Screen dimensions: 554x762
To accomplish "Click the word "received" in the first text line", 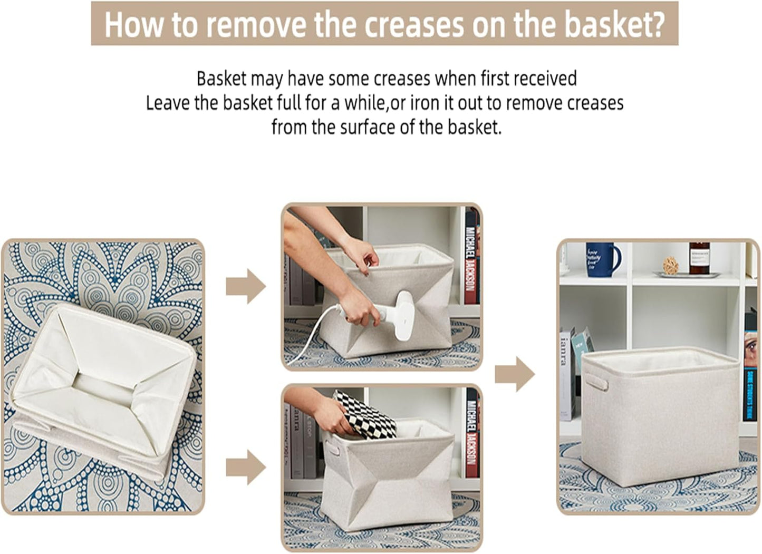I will pos(545,79).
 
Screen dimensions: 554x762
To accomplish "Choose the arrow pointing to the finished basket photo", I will pos(515,374).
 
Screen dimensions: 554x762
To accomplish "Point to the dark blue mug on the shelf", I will pos(602,259).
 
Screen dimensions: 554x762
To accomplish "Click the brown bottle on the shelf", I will pos(699,258).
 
